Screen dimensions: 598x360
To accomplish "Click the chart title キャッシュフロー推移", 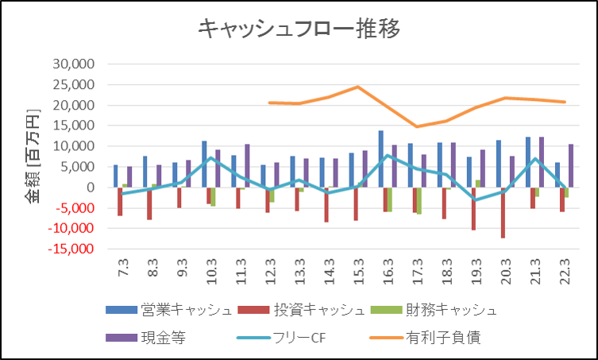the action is (x=299, y=29).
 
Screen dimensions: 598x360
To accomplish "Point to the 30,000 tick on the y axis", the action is (x=74, y=64).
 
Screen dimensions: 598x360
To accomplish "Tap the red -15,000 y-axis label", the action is (x=71, y=249).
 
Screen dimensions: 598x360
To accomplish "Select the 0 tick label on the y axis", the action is (x=91, y=187).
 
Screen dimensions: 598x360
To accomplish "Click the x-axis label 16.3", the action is (x=388, y=272).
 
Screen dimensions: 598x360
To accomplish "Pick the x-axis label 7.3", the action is (x=124, y=268).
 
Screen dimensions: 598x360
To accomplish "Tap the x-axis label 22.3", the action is (x=565, y=272).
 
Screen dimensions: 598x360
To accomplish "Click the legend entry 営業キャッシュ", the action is (x=169, y=310).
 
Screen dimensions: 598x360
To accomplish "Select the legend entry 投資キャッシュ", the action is (x=301, y=310).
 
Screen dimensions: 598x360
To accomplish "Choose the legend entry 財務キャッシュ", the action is (x=434, y=310).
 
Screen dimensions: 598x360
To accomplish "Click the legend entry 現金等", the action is (x=145, y=338).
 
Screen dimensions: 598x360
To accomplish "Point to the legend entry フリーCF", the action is (x=281, y=338).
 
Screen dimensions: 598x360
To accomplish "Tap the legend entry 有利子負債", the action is (x=425, y=338).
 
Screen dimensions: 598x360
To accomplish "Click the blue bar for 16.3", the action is (x=381, y=159).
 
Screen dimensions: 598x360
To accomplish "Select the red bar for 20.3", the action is (x=503, y=213).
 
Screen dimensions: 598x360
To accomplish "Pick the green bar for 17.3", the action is (x=419, y=201).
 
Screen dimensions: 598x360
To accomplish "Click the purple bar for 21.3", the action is (x=542, y=162).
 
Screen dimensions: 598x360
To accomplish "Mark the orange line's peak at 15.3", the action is (x=357, y=87).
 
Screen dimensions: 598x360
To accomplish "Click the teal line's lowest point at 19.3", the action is (x=475, y=200).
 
